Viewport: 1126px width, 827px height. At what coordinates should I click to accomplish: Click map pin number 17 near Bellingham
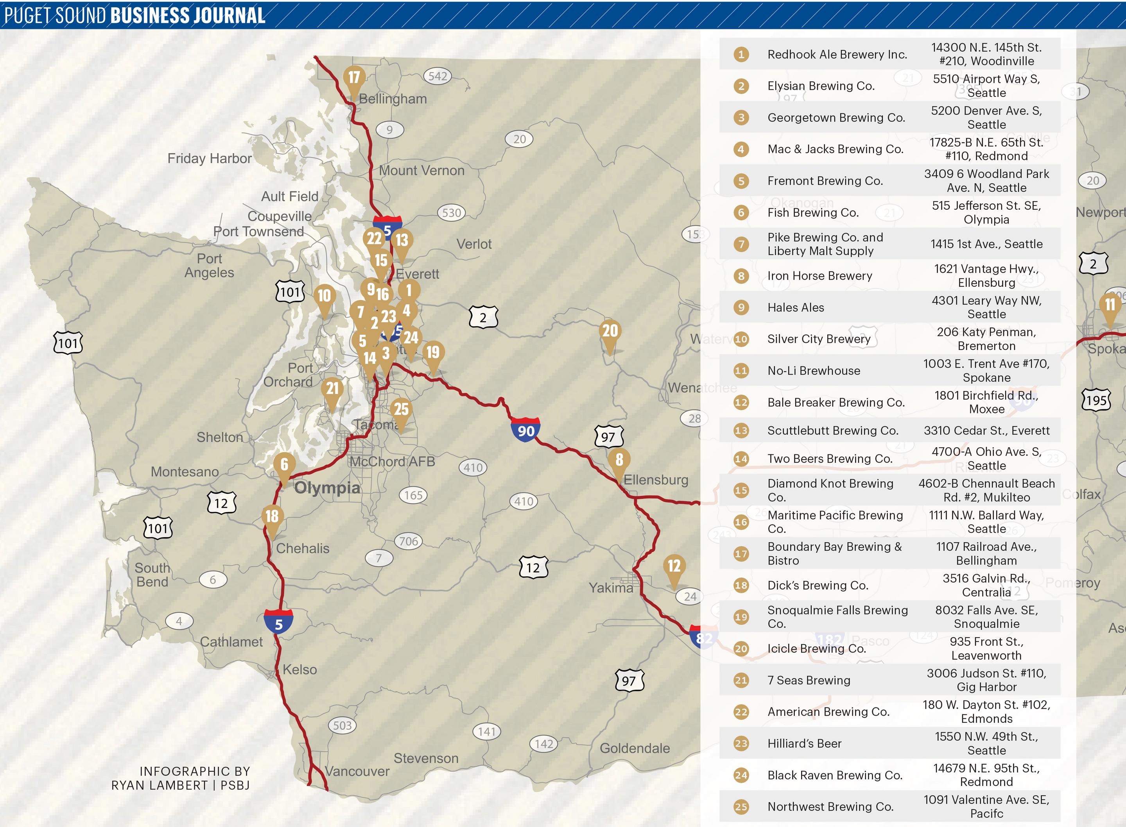tap(353, 78)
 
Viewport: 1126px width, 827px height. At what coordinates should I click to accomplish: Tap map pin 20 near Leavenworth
tap(610, 331)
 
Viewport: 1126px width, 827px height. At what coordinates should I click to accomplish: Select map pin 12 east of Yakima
tap(674, 567)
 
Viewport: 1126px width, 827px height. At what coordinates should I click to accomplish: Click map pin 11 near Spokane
tap(1110, 305)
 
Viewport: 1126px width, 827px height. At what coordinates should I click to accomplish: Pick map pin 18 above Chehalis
tap(271, 516)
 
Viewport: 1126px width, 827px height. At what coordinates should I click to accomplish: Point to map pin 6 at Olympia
tap(284, 465)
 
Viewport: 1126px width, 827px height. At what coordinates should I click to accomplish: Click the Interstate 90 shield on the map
tap(525, 430)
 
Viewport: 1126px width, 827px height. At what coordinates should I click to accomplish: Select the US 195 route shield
tap(1096, 400)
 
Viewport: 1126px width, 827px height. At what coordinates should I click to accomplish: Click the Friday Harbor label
tap(210, 159)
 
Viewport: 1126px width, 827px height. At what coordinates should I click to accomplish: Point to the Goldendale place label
tap(635, 748)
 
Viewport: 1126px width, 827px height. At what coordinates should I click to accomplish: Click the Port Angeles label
tap(210, 266)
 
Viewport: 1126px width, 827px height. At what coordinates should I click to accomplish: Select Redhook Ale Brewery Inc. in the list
tap(837, 55)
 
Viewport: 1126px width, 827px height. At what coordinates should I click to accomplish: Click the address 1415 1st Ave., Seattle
tap(986, 244)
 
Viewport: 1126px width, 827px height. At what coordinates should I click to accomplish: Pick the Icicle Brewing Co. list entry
tap(816, 649)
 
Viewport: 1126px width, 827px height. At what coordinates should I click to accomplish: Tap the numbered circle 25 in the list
tap(741, 807)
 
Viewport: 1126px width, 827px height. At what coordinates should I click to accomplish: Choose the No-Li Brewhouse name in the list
tap(814, 371)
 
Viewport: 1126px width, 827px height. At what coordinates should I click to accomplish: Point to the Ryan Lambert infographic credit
tap(180, 779)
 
